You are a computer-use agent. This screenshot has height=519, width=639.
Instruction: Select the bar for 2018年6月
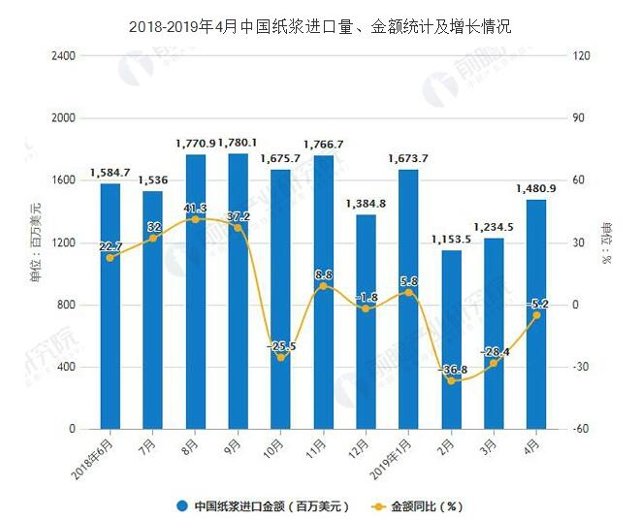111,306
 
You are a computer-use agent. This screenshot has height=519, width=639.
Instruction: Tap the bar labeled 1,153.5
451,340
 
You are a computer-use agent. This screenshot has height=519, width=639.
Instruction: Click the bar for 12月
366,321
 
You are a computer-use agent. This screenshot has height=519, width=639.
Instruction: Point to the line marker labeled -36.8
451,381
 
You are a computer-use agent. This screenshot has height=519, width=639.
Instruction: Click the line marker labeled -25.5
281,358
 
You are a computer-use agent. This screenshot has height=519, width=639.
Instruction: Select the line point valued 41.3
196,219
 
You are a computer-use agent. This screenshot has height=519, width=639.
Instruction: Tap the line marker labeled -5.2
536,315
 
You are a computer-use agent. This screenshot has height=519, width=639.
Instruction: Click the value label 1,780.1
238,144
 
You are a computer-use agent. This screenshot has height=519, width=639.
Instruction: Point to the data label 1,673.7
408,159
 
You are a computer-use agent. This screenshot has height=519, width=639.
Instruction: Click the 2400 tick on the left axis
63,56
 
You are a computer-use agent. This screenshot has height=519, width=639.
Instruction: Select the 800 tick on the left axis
66,305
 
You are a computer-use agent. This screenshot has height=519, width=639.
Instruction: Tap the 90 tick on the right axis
582,118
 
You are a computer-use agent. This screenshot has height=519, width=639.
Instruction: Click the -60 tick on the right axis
584,429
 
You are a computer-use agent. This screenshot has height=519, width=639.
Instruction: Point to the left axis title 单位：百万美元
36,243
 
